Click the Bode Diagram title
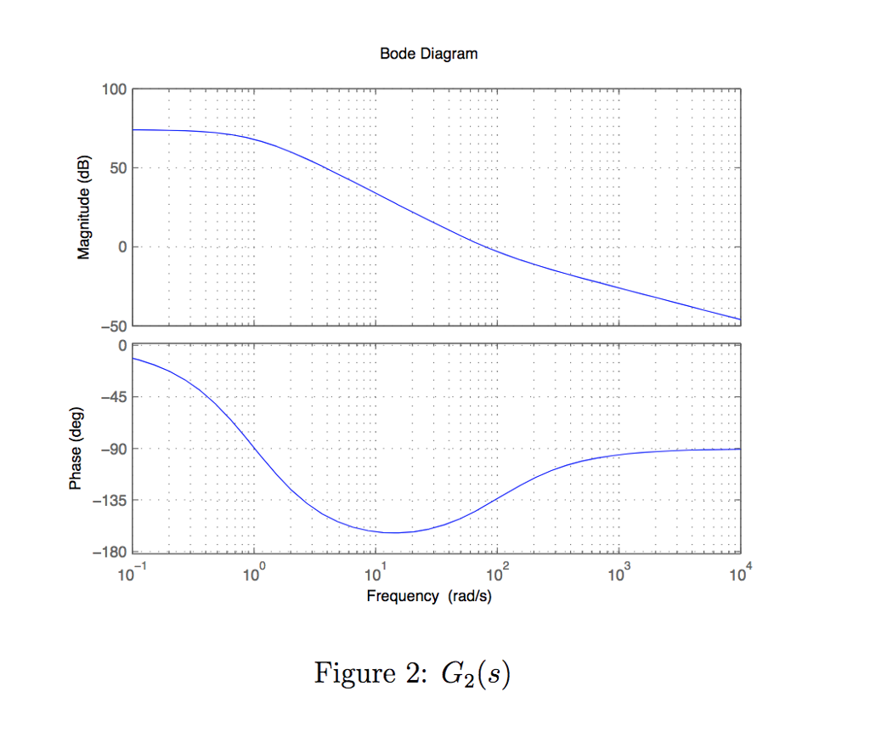point(428,54)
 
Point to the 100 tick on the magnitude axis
point(114,89)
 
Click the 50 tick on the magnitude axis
point(117,168)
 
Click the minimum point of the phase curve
point(393,533)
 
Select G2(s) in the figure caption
point(475,675)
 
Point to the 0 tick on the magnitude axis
point(122,247)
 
